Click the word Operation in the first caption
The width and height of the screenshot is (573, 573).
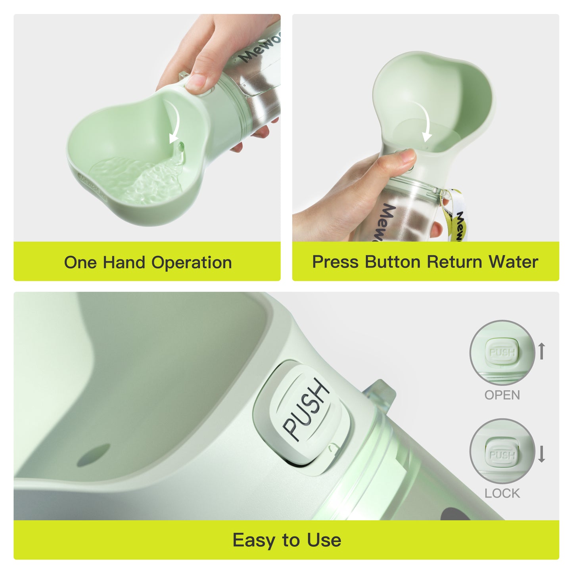pos(192,263)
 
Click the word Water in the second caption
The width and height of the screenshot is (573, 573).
pos(513,262)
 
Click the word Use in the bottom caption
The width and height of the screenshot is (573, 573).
pos(324,540)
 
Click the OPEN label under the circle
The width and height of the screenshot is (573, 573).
pos(502,395)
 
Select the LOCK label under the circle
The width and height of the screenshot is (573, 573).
pos(502,493)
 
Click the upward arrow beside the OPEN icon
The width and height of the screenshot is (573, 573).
pos(542,351)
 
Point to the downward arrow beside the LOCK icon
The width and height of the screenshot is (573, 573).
pos(542,454)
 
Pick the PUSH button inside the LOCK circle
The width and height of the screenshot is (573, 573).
pos(502,454)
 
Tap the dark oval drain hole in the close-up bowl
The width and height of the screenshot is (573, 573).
pos(93,455)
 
